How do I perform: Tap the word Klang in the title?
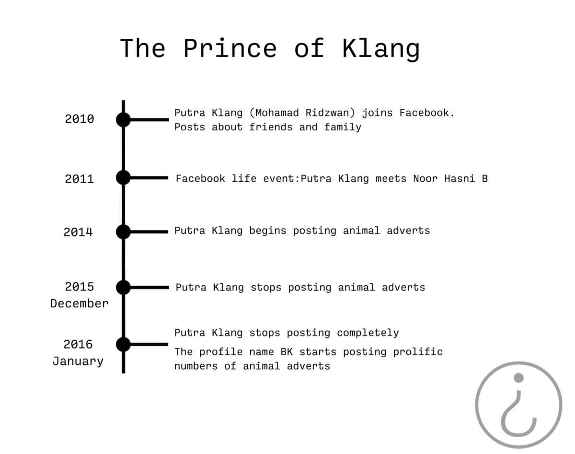(381, 50)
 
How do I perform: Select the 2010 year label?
(80, 119)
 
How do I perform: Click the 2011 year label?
(80, 179)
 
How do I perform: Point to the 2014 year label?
(78, 232)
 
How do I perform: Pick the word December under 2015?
(80, 304)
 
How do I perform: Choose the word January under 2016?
(78, 361)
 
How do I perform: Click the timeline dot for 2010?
(123, 119)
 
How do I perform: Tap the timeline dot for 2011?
(123, 177)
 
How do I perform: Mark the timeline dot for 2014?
(123, 232)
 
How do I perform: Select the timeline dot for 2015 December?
(123, 288)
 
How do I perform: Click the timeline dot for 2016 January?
(123, 344)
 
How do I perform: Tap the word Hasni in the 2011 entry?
(460, 179)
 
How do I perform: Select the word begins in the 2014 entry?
(268, 231)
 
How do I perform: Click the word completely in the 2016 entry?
(368, 333)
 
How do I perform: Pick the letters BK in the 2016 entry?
(287, 352)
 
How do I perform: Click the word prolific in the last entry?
(418, 352)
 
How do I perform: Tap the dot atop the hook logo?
(518, 378)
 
